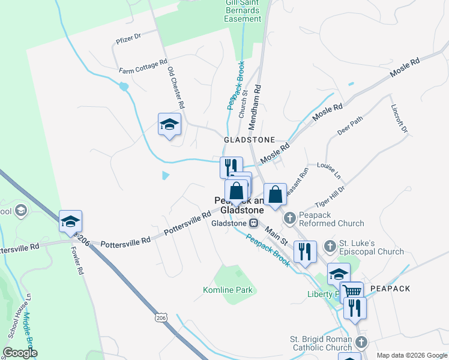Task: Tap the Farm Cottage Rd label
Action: point(143,67)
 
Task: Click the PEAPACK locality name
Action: point(390,289)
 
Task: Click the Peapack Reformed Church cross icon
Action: point(289,217)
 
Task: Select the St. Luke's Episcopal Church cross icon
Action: point(330,245)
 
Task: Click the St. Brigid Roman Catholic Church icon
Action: point(360,343)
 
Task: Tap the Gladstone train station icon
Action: point(254,223)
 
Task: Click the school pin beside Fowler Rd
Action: point(70,222)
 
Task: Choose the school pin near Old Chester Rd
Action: point(169,125)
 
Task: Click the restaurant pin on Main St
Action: point(304,251)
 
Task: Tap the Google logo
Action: point(20,353)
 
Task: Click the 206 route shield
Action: point(160,316)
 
